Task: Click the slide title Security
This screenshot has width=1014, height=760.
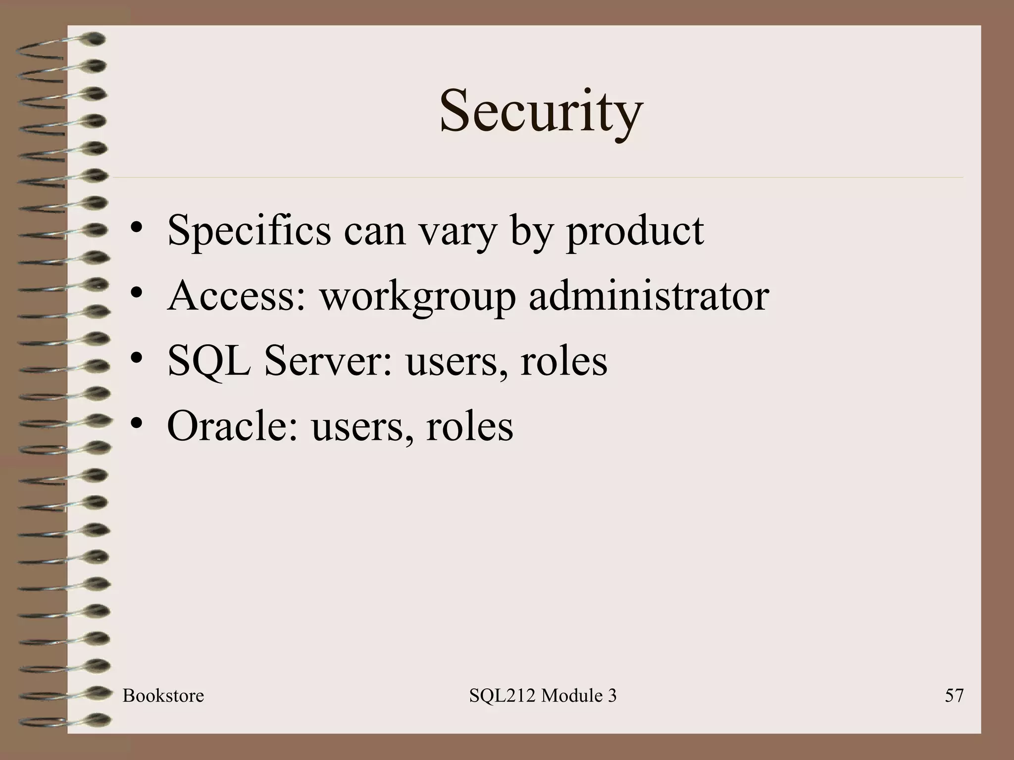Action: pyautogui.click(x=541, y=111)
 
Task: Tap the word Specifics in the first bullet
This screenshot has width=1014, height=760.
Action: pyautogui.click(x=249, y=231)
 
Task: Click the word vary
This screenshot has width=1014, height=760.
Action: pyautogui.click(x=457, y=232)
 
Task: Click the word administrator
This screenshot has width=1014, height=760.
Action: pyautogui.click(x=649, y=296)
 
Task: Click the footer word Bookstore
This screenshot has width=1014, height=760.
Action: pyautogui.click(x=163, y=696)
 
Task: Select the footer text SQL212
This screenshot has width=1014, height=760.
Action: pyautogui.click(x=502, y=696)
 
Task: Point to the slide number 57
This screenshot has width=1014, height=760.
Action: pyautogui.click(x=954, y=696)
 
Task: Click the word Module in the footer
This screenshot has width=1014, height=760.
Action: pyautogui.click(x=564, y=696)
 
